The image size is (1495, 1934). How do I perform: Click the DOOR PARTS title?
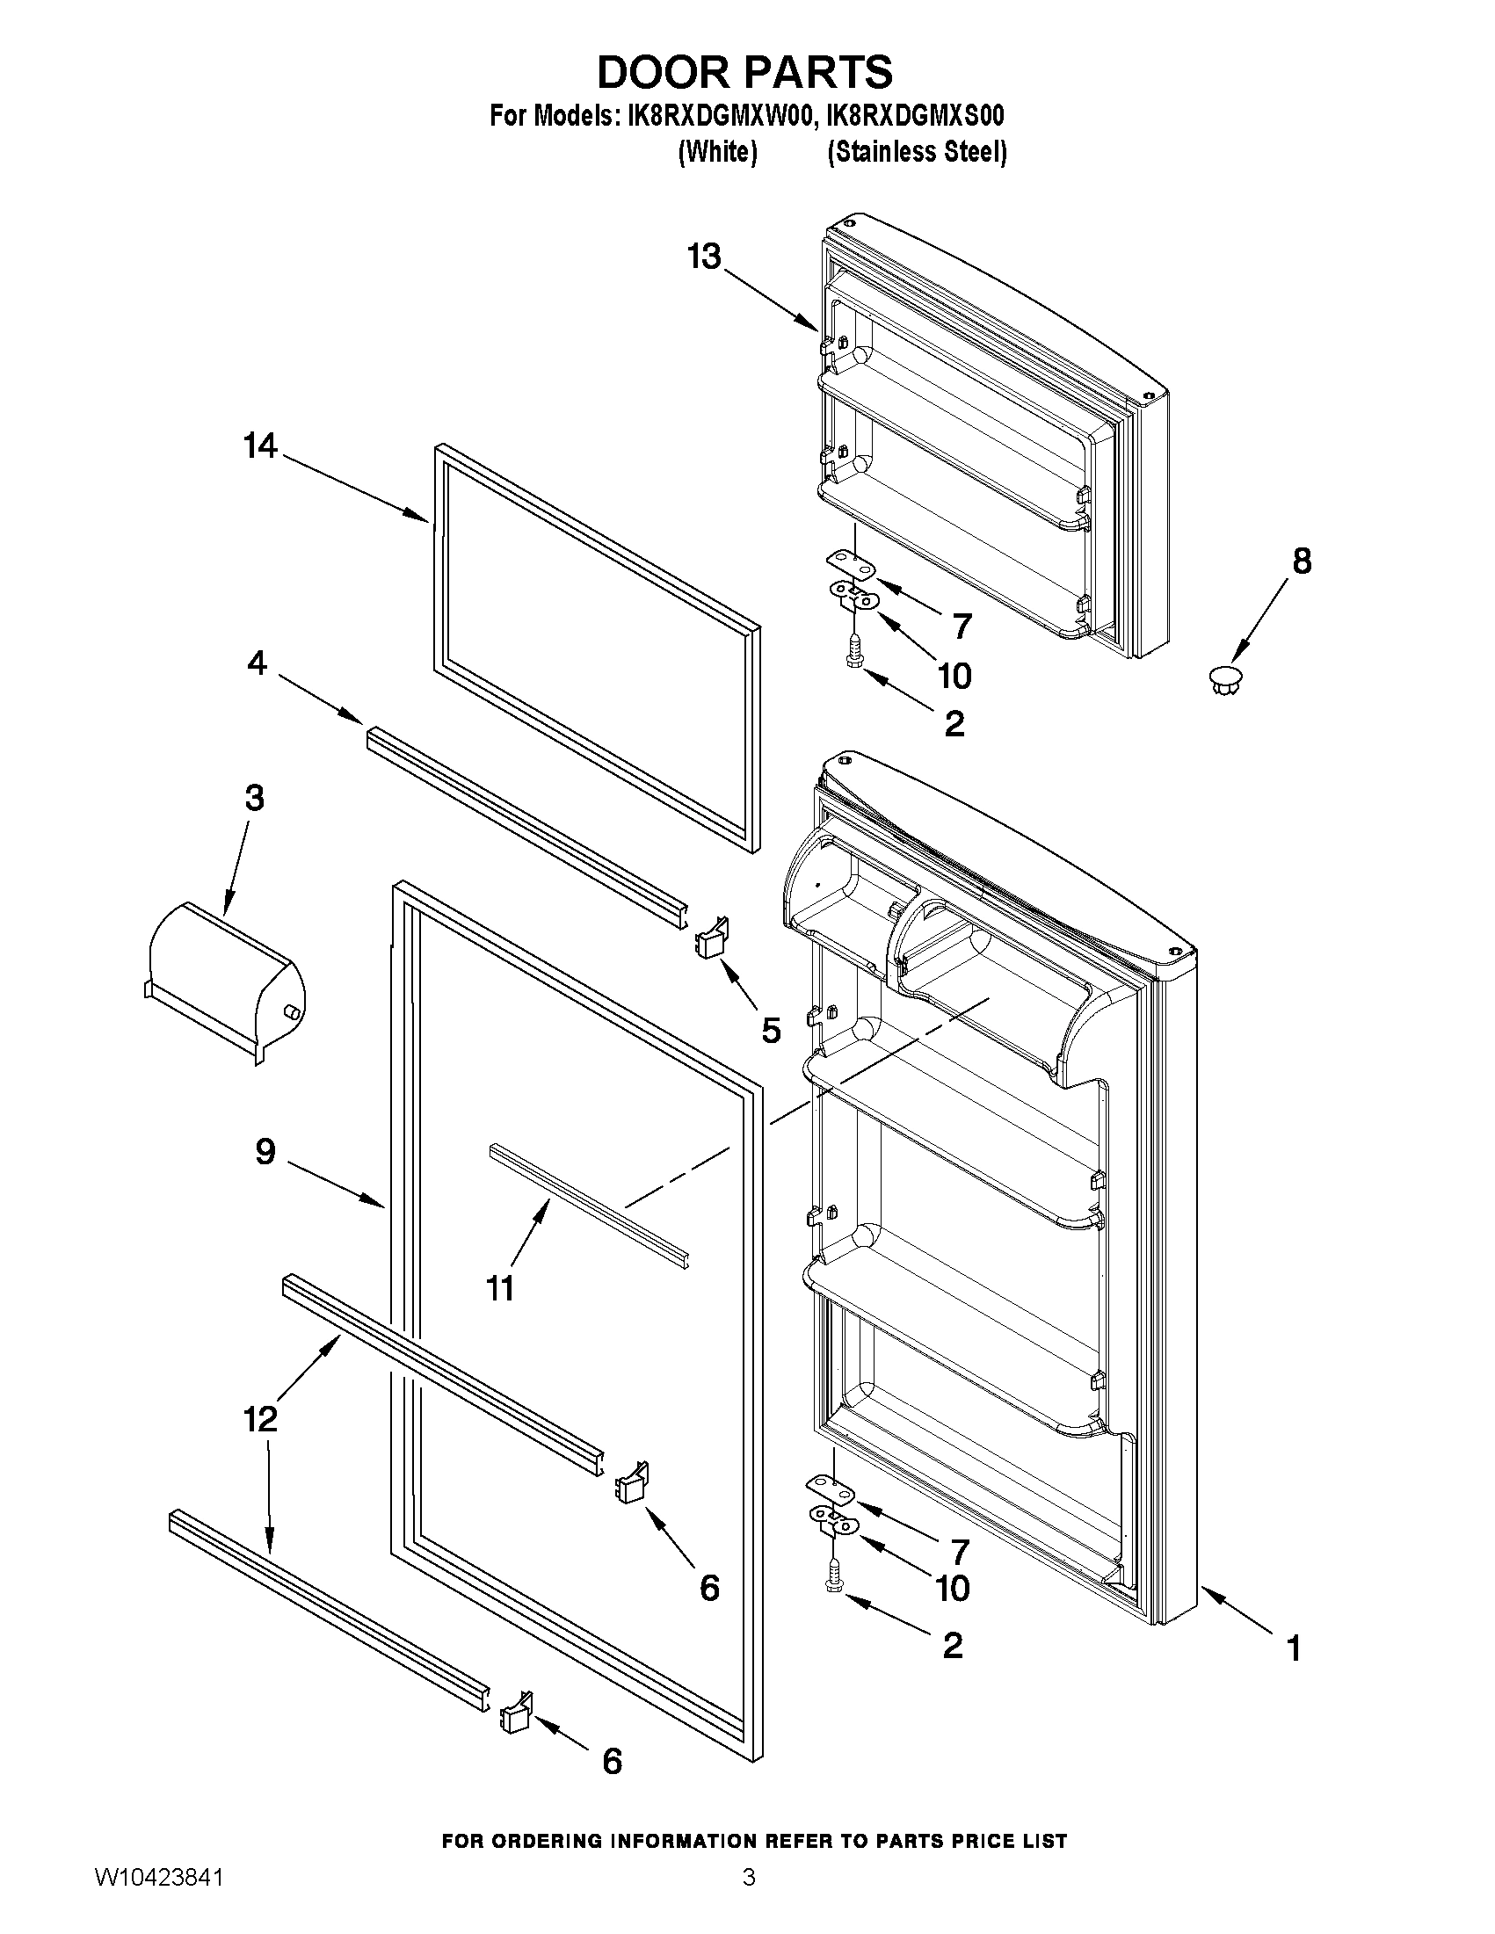(744, 73)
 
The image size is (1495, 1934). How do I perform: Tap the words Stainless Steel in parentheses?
(917, 152)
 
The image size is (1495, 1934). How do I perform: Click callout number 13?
(705, 257)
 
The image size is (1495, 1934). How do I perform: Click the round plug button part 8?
(1224, 679)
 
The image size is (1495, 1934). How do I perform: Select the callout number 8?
(1301, 561)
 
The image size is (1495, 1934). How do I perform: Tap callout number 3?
(254, 798)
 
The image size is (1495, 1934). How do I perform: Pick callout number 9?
(265, 1151)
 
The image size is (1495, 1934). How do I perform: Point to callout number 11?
(500, 1287)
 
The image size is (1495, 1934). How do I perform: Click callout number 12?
(260, 1419)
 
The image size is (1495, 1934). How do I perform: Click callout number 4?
(257, 662)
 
